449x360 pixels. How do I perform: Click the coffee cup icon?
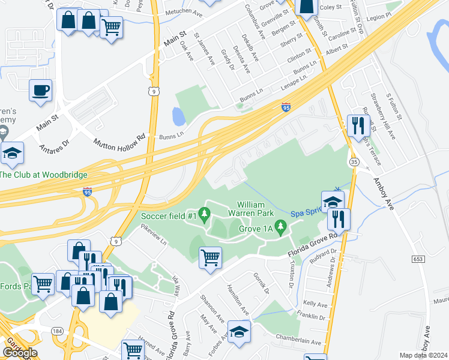pyautogui.click(x=41, y=91)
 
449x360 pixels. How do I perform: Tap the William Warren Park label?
pyautogui.click(x=251, y=208)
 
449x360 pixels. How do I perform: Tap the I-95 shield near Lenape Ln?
pyautogui.click(x=286, y=107)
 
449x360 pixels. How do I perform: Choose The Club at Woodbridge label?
pyautogui.click(x=43, y=175)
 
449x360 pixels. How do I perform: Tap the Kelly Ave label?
pyautogui.click(x=317, y=304)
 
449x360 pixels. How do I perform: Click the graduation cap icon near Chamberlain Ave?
pyautogui.click(x=239, y=332)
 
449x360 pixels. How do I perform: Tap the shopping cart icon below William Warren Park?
pyautogui.click(x=210, y=257)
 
